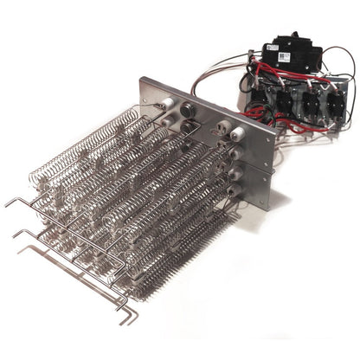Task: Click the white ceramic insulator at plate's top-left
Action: (x=162, y=104)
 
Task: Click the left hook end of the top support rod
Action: (x=9, y=202)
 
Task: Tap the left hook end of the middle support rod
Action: (x=16, y=233)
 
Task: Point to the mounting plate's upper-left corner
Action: (x=141, y=80)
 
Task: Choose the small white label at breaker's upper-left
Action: (x=268, y=46)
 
